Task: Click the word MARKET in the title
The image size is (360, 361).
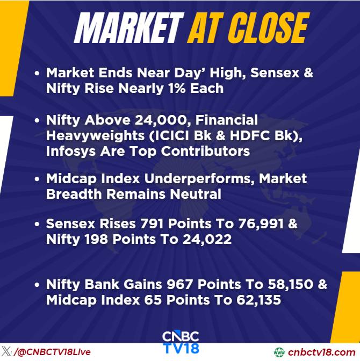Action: [129, 27]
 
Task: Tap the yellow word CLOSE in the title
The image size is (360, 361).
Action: [268, 27]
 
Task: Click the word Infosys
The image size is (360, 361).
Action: [70, 151]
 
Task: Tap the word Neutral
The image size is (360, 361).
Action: [196, 194]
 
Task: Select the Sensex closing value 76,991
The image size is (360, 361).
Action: [261, 224]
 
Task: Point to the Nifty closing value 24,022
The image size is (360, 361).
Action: [207, 240]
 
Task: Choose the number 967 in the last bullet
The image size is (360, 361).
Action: [179, 284]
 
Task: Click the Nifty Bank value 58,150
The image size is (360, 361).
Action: [291, 285]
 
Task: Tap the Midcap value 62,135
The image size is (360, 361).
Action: [258, 300]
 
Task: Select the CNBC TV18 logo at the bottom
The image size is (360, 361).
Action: [181, 342]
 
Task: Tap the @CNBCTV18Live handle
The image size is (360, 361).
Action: [53, 352]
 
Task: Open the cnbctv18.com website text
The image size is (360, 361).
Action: [321, 352]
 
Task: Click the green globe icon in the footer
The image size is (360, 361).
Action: [279, 352]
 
